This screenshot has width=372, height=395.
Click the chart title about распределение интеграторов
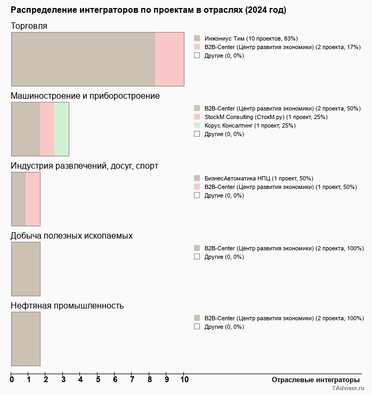[x=148, y=10]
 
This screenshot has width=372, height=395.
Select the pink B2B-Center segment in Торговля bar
[x=169, y=59]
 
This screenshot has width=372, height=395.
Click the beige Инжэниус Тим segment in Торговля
[x=83, y=59]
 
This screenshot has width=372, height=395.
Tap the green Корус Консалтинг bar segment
[x=62, y=129]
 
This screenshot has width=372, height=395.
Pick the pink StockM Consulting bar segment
[x=47, y=129]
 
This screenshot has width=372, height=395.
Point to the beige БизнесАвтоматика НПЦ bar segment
[x=19, y=199]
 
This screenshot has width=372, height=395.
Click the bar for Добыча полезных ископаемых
[x=26, y=269]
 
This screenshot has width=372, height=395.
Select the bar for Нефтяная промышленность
[x=26, y=339]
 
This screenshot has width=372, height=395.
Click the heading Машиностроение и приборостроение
[x=85, y=96]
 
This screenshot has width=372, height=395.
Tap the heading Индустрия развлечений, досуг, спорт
[x=84, y=166]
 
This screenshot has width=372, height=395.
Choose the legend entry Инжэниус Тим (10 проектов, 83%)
[x=250, y=38]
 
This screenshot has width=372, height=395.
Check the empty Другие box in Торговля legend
[x=197, y=56]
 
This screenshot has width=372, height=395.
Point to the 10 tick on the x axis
[x=184, y=380]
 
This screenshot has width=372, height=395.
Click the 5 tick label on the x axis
[x=98, y=380]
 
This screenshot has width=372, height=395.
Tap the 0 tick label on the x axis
[x=12, y=380]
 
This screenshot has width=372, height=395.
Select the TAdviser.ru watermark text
[x=349, y=389]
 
